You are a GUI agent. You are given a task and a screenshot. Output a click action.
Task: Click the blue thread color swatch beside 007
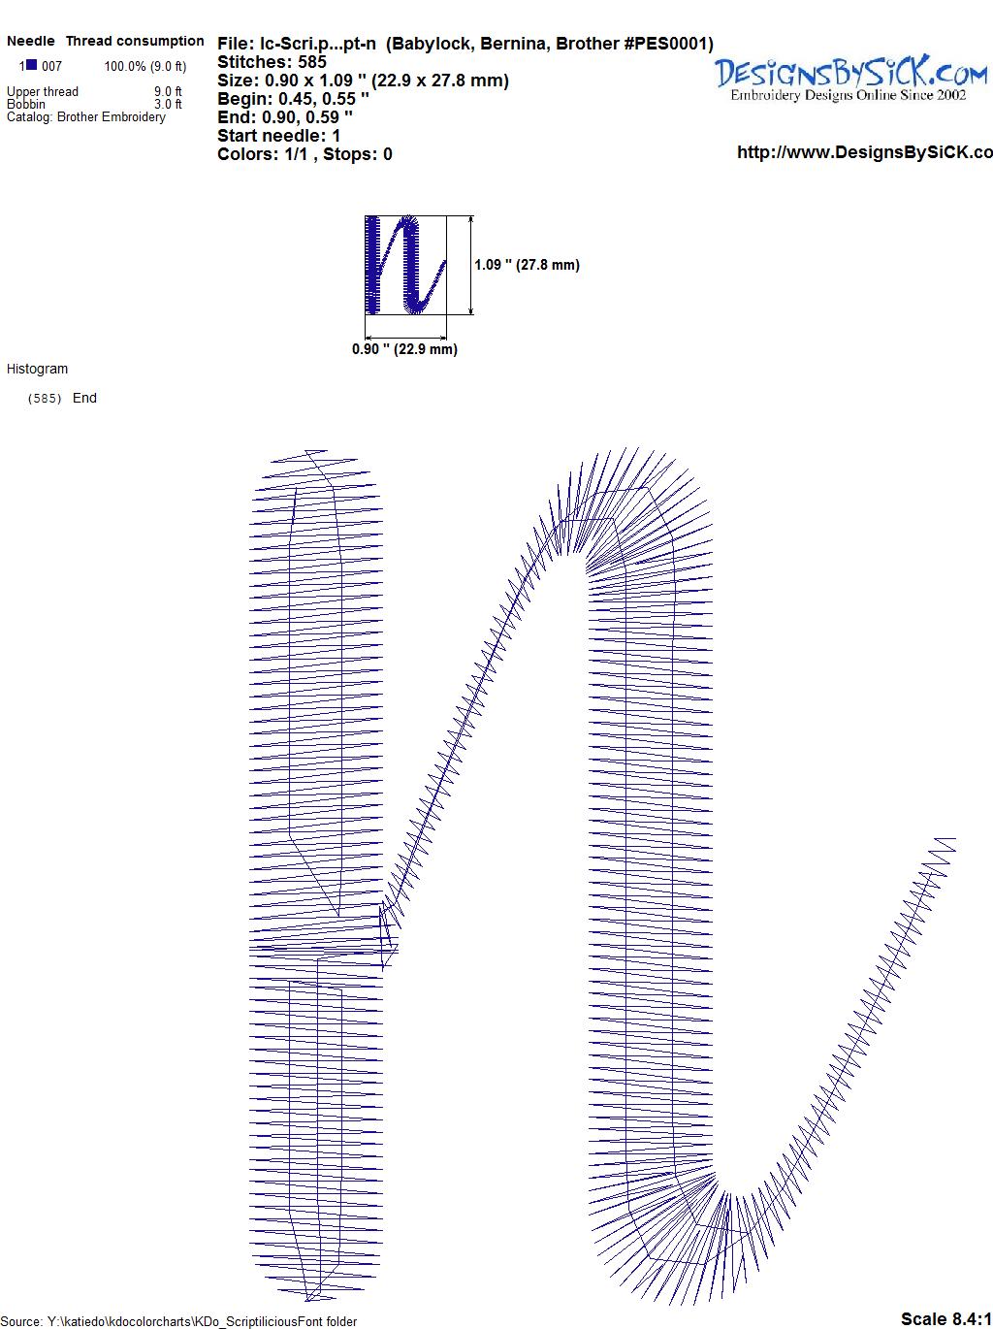point(31,65)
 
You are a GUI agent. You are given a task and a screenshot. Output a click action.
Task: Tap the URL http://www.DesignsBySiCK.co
point(865,152)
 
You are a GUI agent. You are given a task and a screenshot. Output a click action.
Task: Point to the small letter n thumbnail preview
point(406,265)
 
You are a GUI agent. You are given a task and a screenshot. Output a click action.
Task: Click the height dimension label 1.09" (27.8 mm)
point(527,265)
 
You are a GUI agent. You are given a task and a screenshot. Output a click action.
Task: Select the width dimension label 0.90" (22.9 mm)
point(404,349)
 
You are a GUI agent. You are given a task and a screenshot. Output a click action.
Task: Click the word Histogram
point(37,369)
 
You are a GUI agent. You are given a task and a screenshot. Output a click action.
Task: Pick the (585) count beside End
point(45,398)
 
